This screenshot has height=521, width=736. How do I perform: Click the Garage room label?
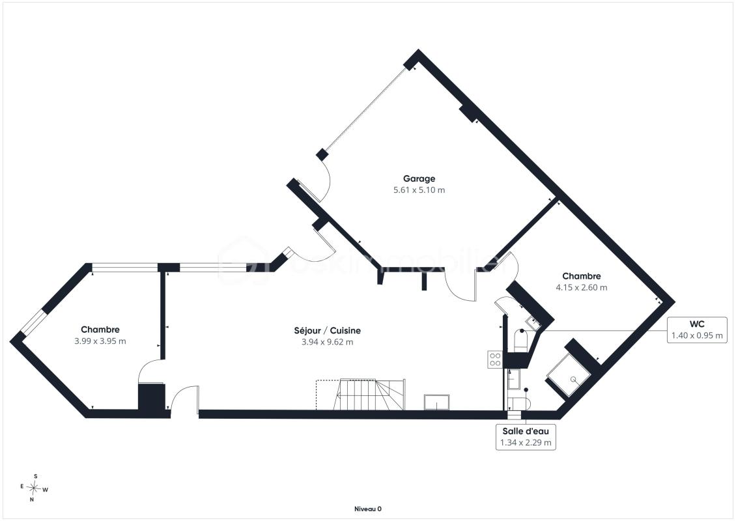pyautogui.click(x=419, y=178)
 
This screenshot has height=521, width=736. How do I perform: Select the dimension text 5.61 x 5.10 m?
pyautogui.click(x=419, y=190)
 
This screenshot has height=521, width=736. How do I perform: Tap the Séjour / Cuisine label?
pyautogui.click(x=327, y=330)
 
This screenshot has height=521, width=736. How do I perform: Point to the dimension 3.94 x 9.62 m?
pyautogui.click(x=327, y=342)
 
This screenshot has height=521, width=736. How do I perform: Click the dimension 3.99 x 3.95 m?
pyautogui.click(x=100, y=341)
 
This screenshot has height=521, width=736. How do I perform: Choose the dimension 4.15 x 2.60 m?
pyautogui.click(x=582, y=288)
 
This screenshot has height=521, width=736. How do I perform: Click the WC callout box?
pyautogui.click(x=697, y=330)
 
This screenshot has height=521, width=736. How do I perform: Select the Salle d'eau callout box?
pyautogui.click(x=526, y=437)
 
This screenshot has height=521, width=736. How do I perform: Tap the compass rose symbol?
pyautogui.click(x=35, y=488)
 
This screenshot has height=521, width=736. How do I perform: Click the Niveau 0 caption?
pyautogui.click(x=367, y=509)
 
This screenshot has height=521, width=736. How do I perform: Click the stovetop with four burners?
pyautogui.click(x=495, y=359)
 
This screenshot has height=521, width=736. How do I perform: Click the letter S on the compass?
pyautogui.click(x=36, y=477)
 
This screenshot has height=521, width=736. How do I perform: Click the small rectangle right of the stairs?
pyautogui.click(x=436, y=402)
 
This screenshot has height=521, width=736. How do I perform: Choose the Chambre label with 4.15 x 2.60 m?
pyautogui.click(x=582, y=276)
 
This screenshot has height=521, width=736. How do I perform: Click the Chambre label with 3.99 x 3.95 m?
pyautogui.click(x=100, y=330)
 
